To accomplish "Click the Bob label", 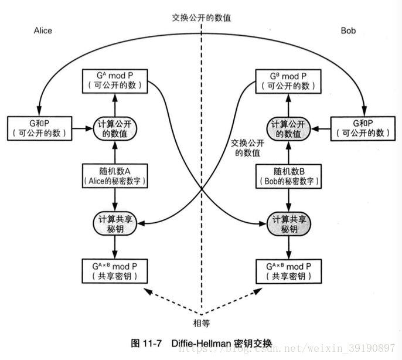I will point(348,30).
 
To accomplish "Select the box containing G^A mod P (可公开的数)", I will point(115,80).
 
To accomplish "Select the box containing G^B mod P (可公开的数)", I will point(287,80).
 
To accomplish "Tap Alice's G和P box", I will point(40,127).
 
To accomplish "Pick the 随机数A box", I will point(115,175).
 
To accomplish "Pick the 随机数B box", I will point(287,175).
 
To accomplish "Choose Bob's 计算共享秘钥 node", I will point(287,223).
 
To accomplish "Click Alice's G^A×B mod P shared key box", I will point(115,270).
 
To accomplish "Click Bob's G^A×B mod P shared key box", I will point(287,270).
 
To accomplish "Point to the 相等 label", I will point(201,322).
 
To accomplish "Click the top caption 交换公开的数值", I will point(201,18).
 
